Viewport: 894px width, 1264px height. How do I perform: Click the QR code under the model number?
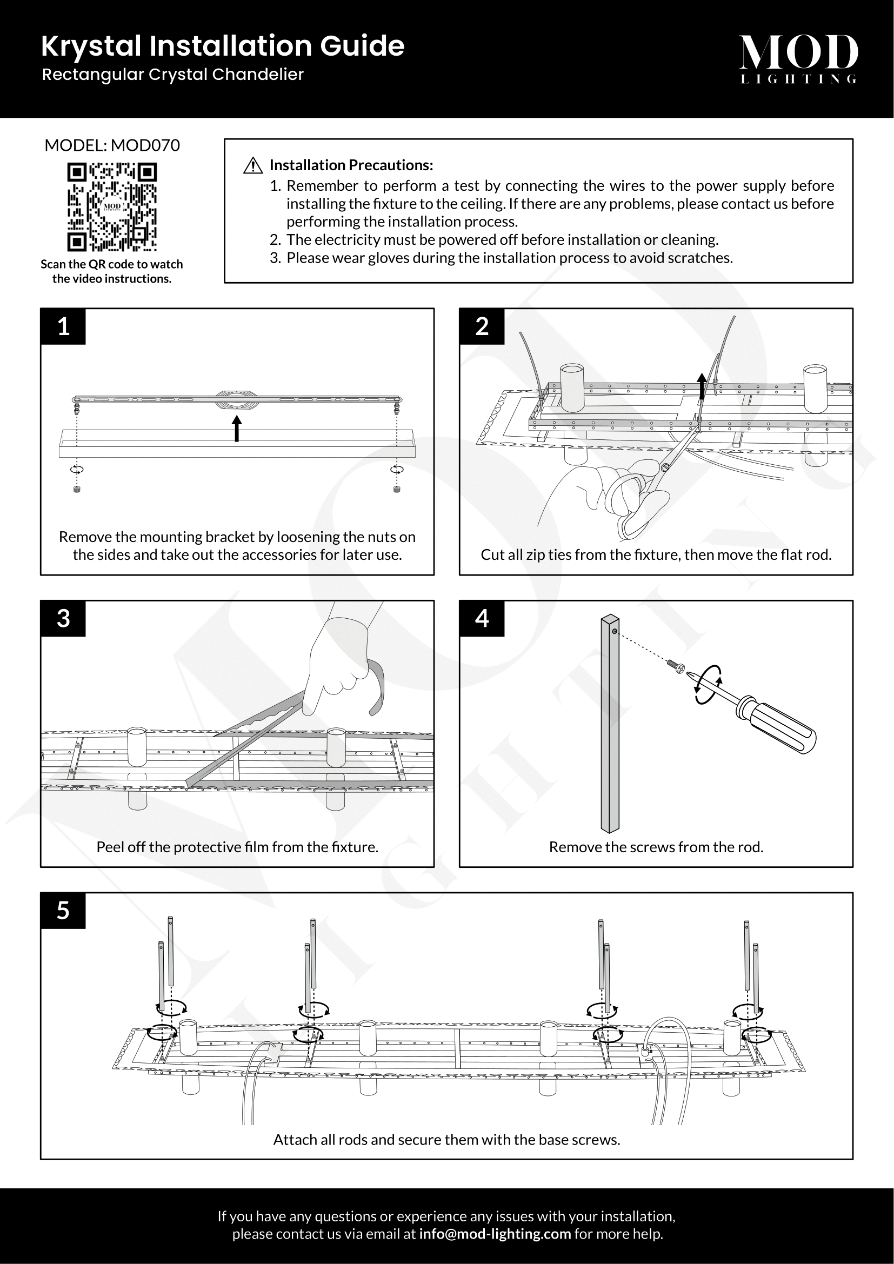coord(112,206)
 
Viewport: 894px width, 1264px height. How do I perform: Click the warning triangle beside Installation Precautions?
coord(252,165)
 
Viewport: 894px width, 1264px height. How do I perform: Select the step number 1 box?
coord(63,326)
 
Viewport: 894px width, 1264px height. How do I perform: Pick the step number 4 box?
coord(482,618)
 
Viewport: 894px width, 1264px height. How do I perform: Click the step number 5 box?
coord(63,911)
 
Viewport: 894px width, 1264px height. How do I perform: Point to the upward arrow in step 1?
coord(237,429)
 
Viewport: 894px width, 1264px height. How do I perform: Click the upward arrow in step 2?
coord(702,385)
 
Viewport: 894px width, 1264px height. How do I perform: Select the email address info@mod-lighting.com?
coord(495,1234)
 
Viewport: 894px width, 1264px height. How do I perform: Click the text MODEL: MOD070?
coord(112,145)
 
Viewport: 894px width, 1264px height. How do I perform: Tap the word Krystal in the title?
coord(91,46)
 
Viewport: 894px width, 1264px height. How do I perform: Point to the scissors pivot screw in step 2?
coord(665,468)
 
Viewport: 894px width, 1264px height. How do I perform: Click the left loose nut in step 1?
coord(77,489)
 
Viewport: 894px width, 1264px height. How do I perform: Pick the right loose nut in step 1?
coord(396,489)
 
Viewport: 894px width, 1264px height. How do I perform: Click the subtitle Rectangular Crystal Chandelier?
coord(173,75)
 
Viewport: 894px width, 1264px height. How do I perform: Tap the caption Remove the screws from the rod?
coord(656,847)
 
